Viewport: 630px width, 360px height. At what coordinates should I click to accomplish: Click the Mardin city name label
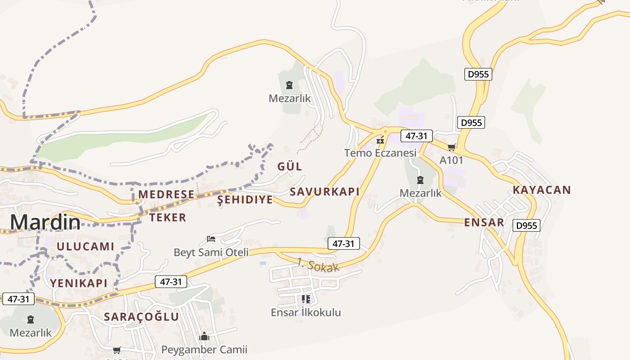pos(45,222)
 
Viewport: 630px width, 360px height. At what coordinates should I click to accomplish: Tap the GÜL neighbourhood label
pos(290,166)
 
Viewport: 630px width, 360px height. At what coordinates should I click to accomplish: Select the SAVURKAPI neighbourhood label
pos(324,192)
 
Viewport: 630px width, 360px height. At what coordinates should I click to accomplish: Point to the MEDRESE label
pos(166,194)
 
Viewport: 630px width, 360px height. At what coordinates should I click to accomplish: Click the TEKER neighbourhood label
pos(168,218)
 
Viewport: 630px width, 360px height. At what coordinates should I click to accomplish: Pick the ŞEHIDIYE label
pos(245,200)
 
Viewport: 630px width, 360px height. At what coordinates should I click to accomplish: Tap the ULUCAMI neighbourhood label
pos(85,247)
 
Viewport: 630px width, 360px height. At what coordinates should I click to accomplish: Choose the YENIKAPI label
pos(79,283)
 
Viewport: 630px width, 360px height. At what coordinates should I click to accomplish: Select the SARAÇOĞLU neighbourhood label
pos(141,317)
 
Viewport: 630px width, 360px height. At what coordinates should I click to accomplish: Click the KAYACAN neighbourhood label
pos(542,190)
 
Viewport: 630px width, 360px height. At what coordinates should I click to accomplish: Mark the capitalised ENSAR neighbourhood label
pos(484,222)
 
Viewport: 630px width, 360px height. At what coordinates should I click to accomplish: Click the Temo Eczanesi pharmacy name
pos(380,153)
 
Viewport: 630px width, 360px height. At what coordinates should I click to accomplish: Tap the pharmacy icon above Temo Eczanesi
pos(381,140)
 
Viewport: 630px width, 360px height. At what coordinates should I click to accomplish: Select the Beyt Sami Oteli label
pos(211,252)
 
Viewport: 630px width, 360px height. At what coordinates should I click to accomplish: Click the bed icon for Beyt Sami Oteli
pos(211,238)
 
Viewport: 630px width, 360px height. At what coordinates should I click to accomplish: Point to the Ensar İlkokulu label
pos(306,312)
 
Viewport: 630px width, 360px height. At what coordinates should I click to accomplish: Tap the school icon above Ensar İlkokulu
pos(306,299)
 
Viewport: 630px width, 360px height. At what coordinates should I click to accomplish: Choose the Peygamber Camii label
pos(204,349)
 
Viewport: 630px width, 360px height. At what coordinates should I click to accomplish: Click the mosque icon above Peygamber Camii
pos(204,336)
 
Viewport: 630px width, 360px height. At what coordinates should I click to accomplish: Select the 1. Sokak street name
pos(318,265)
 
